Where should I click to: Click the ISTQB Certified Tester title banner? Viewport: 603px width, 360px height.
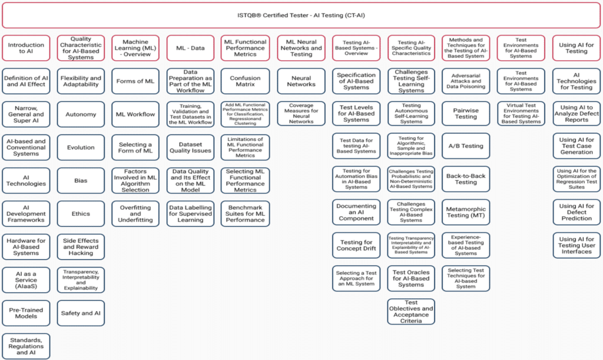pos(301,15)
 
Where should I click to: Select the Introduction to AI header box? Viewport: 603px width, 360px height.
pos(26,48)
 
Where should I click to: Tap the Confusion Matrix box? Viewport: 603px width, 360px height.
pos(246,81)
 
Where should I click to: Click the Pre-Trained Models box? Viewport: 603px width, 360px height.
pos(26,313)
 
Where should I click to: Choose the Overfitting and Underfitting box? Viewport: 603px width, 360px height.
pos(135,214)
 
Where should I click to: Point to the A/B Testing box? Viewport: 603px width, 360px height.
pos(466,146)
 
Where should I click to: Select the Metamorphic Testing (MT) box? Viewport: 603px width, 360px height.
pos(466,212)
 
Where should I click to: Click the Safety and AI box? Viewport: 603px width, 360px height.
pos(81,313)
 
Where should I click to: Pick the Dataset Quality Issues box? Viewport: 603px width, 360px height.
pos(190,147)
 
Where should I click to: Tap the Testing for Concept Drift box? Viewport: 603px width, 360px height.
pos(356,246)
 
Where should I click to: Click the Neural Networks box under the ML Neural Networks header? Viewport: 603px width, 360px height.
pos(301,81)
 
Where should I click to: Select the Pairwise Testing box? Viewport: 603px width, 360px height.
pos(466,113)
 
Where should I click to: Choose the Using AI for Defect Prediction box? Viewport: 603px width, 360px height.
pos(577,212)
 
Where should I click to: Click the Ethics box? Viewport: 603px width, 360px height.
pos(81,214)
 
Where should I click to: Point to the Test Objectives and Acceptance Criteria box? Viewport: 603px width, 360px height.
pos(411,312)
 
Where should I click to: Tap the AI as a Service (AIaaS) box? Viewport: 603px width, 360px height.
pos(26,279)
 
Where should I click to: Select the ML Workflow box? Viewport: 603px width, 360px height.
pos(135,114)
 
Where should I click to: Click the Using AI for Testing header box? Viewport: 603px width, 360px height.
pos(577,48)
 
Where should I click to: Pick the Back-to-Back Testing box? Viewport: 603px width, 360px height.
pos(466,179)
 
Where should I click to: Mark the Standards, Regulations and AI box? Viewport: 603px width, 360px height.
pos(26,346)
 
